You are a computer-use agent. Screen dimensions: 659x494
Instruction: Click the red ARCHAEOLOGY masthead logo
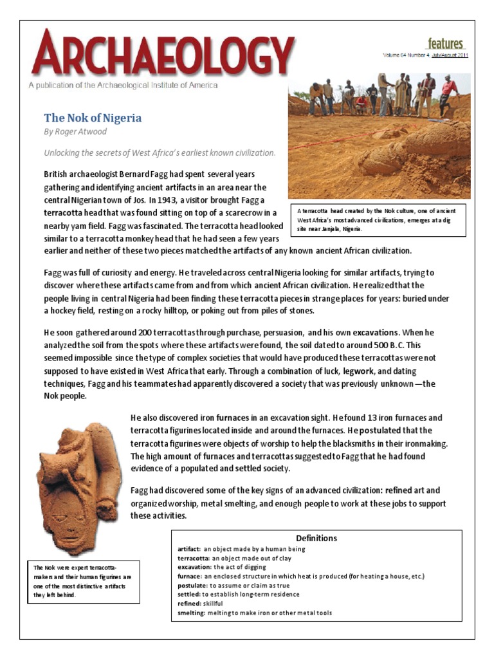coord(163,53)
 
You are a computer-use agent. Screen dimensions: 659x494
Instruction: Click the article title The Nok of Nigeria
coord(93,118)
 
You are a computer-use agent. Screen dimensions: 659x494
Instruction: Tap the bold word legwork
coord(344,371)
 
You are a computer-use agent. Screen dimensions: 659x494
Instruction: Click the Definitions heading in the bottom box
coord(316,538)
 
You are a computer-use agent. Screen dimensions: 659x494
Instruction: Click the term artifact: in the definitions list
coord(189,549)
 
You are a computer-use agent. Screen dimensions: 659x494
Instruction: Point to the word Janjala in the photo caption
coord(342,229)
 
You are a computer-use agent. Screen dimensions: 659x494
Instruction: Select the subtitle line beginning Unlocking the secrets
coord(160,153)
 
